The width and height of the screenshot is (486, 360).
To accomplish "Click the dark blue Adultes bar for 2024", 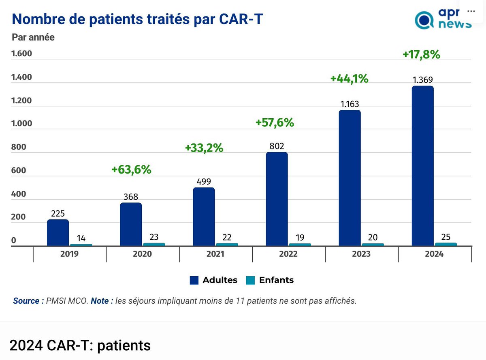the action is click(x=422, y=166).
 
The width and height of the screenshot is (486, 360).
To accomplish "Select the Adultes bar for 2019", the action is click(x=58, y=233).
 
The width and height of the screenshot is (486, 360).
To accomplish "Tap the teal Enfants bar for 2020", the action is click(x=154, y=244).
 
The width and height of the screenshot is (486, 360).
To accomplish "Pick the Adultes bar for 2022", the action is click(x=277, y=199).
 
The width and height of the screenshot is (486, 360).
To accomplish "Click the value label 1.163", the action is click(x=350, y=104).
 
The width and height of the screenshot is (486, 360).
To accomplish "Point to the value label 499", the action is click(x=204, y=182).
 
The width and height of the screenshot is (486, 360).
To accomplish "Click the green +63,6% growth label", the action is click(x=131, y=170).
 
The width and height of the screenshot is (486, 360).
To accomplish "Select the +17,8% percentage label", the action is click(x=421, y=55).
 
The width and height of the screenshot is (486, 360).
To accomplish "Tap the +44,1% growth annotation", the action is click(x=349, y=79).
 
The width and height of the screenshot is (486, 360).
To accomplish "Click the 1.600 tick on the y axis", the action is click(x=21, y=54).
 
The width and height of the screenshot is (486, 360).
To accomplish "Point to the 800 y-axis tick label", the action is click(x=19, y=147).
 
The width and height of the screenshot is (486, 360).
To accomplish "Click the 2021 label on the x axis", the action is click(x=215, y=254).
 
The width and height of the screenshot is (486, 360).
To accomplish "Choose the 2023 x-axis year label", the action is click(x=361, y=254).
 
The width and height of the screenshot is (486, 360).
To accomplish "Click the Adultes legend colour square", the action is click(x=194, y=280).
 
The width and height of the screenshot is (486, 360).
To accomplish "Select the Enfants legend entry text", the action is click(x=276, y=280).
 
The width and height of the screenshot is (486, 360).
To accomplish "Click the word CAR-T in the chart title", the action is click(x=241, y=19).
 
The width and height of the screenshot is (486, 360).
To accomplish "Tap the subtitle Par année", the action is click(x=33, y=37).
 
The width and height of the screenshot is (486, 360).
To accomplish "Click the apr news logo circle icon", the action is click(x=424, y=20).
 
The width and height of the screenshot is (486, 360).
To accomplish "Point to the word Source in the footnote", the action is click(x=26, y=301).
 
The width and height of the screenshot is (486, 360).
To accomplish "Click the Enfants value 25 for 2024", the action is click(x=446, y=237).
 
